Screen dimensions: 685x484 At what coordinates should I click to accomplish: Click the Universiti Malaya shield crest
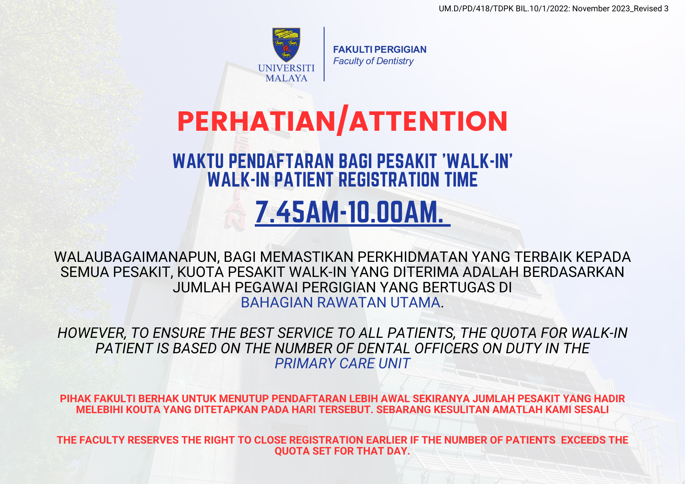286,44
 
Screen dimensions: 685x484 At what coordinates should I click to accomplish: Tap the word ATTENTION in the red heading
428,122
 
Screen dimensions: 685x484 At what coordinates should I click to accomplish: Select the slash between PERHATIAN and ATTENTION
343,120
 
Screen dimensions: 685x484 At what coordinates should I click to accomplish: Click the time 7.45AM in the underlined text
297,212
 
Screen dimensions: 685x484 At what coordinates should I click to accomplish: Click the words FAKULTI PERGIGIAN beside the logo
380,50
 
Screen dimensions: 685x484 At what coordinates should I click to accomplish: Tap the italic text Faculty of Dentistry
373,61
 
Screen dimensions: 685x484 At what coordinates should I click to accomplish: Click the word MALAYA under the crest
286,78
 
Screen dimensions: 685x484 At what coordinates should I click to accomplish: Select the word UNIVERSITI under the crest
286,68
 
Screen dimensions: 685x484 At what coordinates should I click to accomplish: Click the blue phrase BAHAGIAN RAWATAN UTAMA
341,303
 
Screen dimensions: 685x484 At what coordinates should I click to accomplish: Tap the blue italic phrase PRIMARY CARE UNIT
342,364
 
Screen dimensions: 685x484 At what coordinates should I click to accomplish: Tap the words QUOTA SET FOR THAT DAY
342,451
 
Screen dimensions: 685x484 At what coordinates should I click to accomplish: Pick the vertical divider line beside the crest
324,54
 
